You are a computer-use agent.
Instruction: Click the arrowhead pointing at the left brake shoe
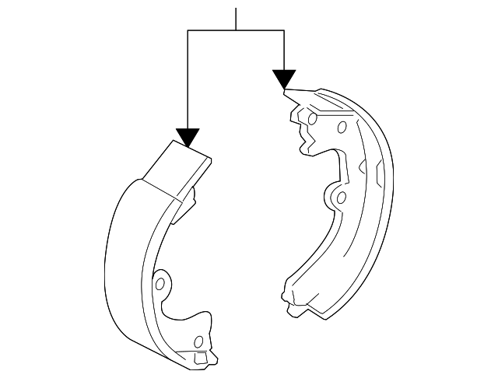(188, 137)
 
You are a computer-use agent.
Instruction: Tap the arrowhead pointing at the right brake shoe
(284, 79)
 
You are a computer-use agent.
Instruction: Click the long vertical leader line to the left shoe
(188, 78)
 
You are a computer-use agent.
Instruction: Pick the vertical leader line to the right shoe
(284, 50)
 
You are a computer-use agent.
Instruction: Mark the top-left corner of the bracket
(188, 30)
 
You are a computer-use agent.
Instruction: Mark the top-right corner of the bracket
(284, 30)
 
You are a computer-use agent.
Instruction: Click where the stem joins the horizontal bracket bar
(235, 30)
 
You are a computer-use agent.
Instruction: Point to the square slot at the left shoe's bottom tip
(200, 359)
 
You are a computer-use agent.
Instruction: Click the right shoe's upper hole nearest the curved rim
(341, 128)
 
